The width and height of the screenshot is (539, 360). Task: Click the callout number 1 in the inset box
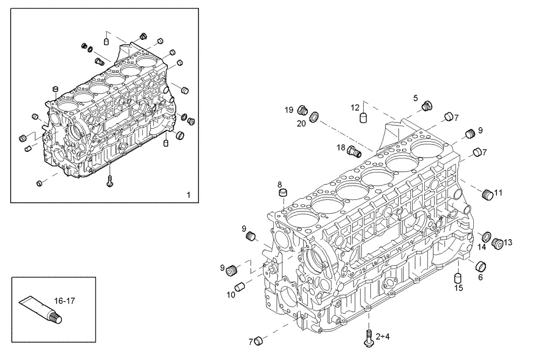tap(188, 194)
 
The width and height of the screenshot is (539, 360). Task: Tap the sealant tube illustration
tap(40, 310)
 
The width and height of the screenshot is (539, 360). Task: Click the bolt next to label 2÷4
tap(369, 336)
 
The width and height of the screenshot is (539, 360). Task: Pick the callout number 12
tap(355, 107)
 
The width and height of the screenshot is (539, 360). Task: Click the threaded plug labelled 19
tap(302, 110)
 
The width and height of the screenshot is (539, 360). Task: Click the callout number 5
tap(416, 98)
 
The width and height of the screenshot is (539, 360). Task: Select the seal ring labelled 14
tap(485, 237)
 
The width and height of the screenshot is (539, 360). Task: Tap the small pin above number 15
tap(459, 277)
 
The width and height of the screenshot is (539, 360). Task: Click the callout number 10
tap(230, 294)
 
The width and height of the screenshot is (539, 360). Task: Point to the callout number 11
tap(498, 192)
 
